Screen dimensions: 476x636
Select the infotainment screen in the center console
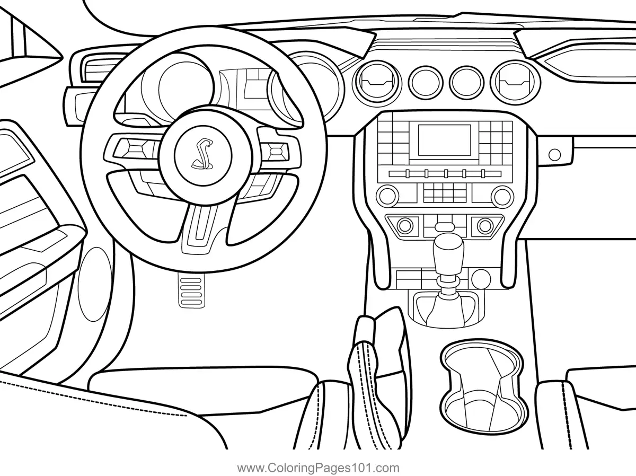coord(444,140)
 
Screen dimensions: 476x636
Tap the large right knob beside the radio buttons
coord(502,196)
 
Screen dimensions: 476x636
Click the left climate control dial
coord(405,225)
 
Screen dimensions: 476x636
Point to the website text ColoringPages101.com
coord(318,468)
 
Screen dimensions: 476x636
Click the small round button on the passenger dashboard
coord(554,154)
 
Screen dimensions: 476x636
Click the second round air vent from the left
coord(425,81)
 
